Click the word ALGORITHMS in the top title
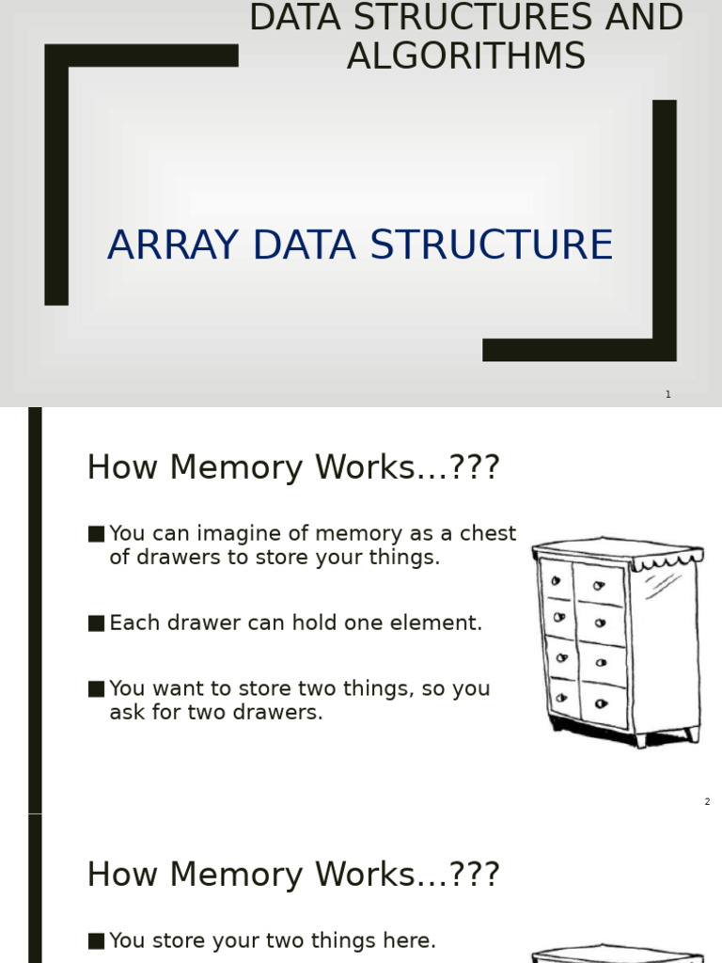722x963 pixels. (466, 56)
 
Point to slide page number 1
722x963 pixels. (668, 395)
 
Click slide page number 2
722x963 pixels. (707, 802)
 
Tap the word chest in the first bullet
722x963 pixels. (492, 533)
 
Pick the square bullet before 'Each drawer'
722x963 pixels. (96, 623)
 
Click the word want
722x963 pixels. (175, 688)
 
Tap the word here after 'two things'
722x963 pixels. (412, 940)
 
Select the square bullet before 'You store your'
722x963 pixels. (96, 940)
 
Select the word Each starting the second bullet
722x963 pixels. (132, 623)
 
